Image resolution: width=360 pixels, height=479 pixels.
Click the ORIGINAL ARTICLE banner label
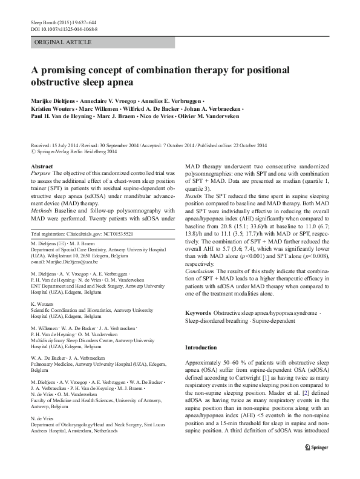pos(64,42)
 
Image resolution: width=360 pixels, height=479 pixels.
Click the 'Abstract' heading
pos(41,166)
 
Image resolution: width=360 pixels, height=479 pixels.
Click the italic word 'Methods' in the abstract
pos(42,202)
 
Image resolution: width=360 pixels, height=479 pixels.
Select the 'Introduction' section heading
pos(200,348)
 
